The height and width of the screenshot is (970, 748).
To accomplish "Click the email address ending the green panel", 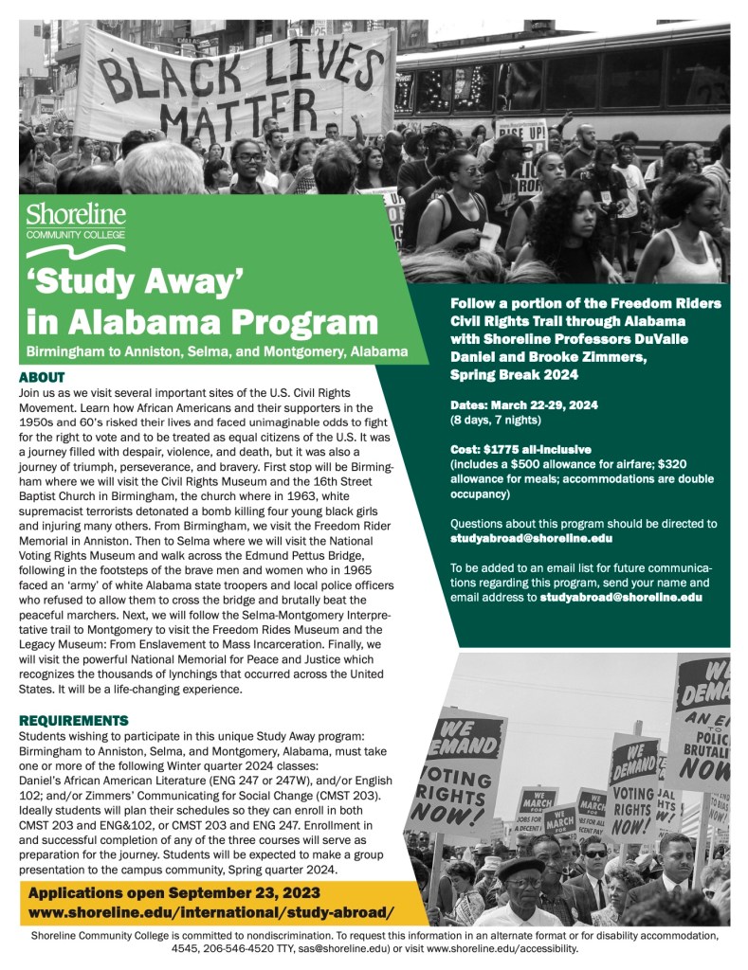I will click(620, 598).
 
